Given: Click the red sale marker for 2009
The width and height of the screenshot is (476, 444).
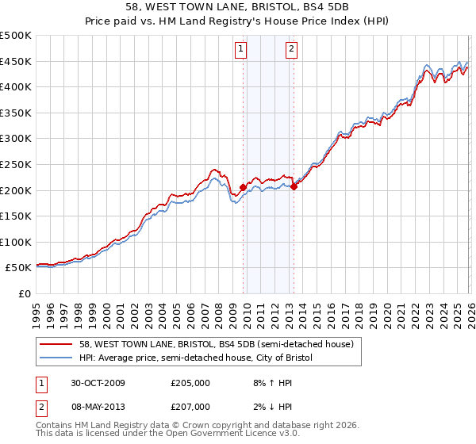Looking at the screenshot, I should [x=244, y=187].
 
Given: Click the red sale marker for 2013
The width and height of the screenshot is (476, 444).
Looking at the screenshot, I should [x=294, y=186].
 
